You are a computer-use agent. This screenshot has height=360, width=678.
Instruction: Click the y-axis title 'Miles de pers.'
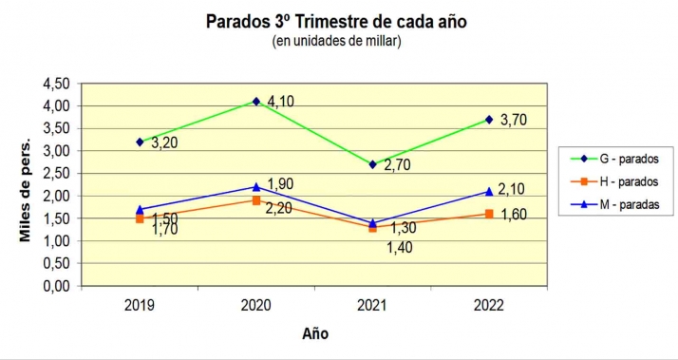(26, 187)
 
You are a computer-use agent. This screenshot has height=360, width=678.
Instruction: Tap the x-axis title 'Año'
(315, 333)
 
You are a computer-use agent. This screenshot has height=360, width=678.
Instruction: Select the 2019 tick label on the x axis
(140, 305)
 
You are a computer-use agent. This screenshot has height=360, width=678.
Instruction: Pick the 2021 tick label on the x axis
(373, 305)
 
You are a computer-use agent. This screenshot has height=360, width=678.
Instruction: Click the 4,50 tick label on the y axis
(56, 84)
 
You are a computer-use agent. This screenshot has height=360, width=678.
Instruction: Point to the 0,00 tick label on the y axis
(56, 286)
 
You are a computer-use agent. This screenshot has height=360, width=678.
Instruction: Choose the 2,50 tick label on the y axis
(56, 173)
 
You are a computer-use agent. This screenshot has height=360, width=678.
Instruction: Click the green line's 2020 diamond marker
(256, 102)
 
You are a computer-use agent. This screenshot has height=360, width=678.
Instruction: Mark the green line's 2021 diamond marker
(373, 164)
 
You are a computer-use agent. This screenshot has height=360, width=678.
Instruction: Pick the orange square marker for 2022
(489, 214)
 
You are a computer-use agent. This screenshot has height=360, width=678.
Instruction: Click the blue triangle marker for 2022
(489, 191)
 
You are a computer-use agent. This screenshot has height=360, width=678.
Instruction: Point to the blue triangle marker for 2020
(256, 186)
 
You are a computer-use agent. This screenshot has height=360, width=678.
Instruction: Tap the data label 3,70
(512, 121)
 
